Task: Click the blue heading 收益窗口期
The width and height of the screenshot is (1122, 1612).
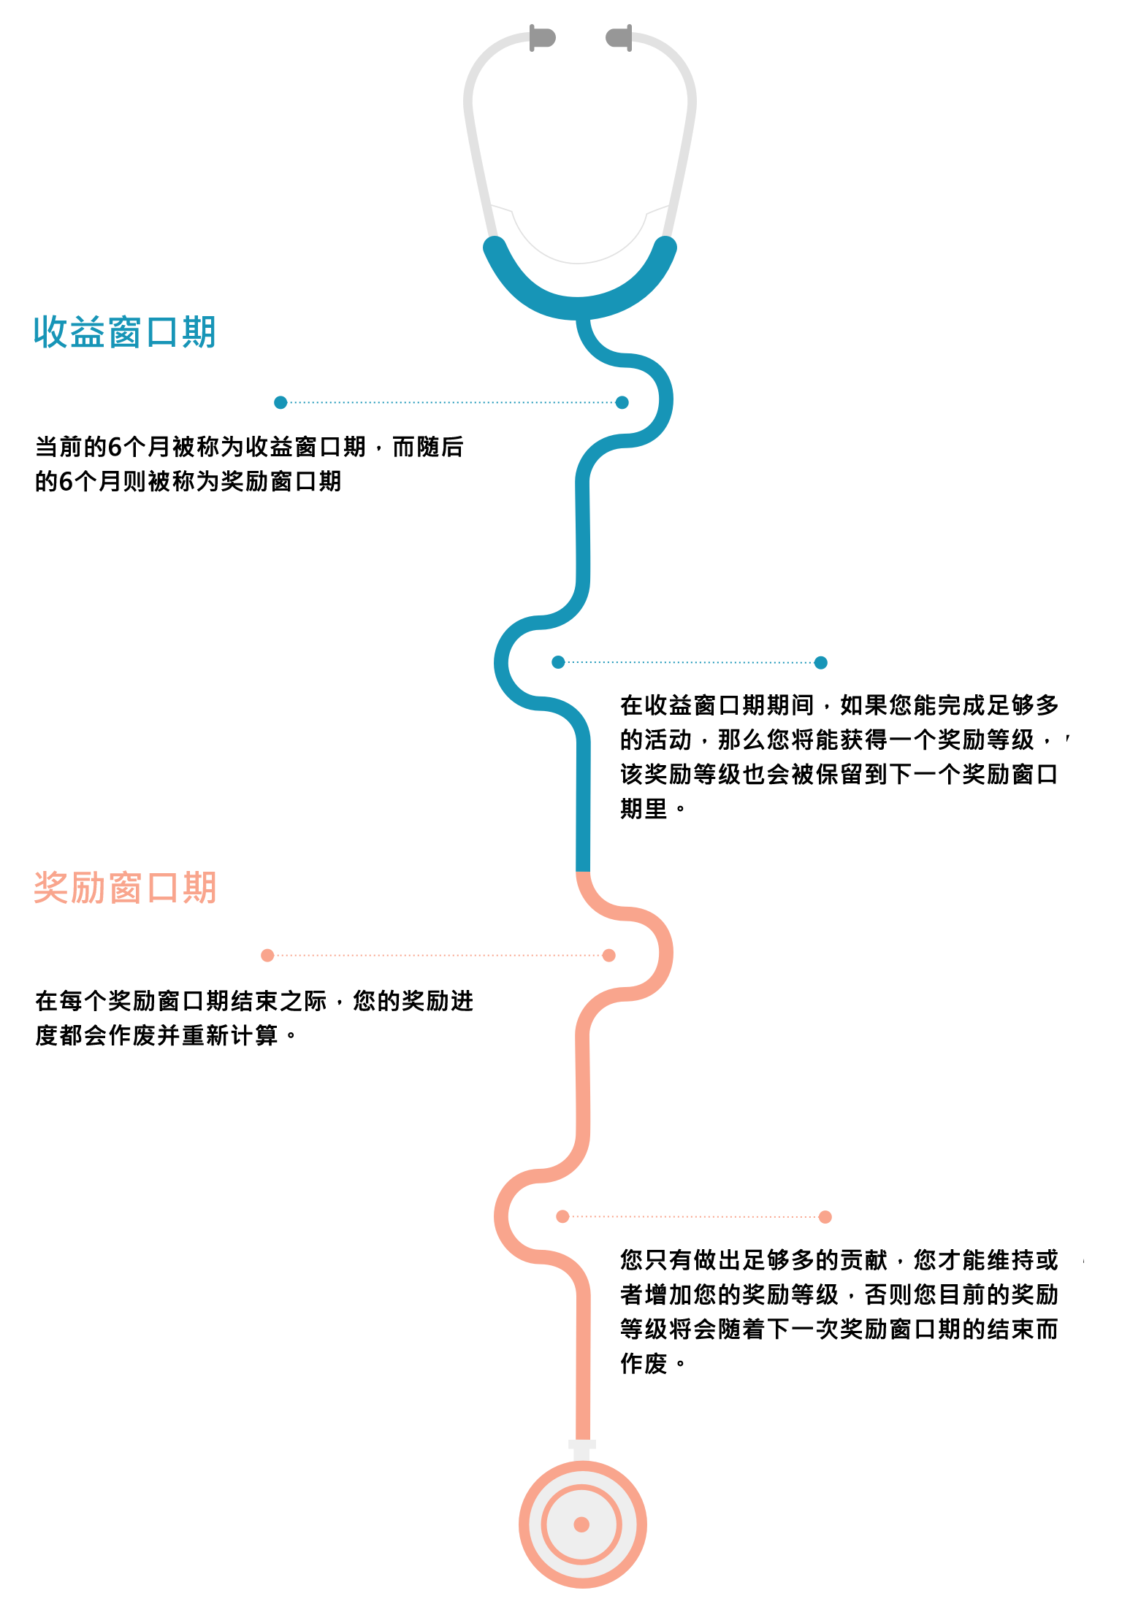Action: (125, 332)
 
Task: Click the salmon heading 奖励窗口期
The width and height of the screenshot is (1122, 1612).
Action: (125, 888)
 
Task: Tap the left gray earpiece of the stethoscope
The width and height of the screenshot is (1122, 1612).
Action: (542, 37)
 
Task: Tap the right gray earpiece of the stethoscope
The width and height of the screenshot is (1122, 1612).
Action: (619, 37)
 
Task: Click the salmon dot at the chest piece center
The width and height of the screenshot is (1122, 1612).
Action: (581, 1524)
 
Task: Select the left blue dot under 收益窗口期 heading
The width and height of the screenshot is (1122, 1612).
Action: (280, 402)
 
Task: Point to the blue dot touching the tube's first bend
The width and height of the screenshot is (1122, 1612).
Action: (622, 402)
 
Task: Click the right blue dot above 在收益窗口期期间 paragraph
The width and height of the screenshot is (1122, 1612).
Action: (821, 662)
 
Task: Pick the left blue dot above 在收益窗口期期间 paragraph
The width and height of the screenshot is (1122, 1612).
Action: (558, 662)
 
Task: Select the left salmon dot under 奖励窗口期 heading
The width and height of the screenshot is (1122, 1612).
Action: (267, 955)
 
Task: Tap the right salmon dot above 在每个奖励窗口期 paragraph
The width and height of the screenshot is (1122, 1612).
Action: (609, 955)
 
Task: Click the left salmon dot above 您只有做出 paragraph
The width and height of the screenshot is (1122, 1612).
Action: (562, 1216)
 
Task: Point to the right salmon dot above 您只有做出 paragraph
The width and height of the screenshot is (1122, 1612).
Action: (825, 1216)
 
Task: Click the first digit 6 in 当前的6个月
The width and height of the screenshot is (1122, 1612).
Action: (115, 447)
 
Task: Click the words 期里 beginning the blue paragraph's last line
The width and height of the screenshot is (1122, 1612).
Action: (644, 809)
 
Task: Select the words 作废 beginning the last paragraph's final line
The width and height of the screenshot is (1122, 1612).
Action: (644, 1363)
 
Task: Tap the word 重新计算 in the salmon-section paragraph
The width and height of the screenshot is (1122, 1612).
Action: (229, 1035)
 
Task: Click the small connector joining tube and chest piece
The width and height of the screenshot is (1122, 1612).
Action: (582, 1451)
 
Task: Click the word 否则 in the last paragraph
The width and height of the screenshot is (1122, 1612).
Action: (888, 1294)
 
